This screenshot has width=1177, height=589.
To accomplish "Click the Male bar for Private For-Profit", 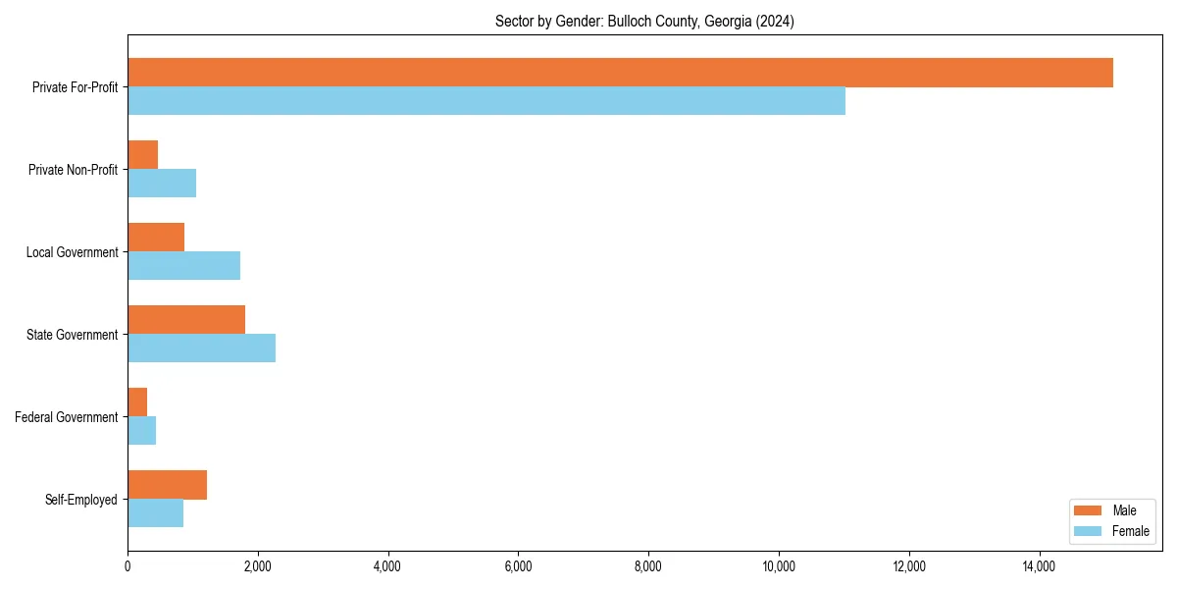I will point(620,73).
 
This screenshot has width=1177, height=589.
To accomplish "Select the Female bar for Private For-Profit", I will point(486,101).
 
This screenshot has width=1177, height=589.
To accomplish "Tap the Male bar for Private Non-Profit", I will point(143,155).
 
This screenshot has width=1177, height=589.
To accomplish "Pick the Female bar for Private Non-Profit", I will point(162,184).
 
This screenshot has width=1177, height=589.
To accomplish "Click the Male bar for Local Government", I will point(156,238).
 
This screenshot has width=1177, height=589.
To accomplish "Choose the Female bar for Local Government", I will point(184,266).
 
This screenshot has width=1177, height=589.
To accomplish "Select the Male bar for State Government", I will point(186,320).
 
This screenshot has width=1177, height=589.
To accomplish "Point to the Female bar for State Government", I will point(201,348).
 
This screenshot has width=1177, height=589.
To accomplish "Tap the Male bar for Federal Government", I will point(137,402).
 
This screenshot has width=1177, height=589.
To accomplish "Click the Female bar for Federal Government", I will point(142,431).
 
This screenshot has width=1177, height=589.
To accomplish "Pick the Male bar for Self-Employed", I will point(168,485).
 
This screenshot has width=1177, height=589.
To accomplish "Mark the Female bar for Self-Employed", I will point(156,513).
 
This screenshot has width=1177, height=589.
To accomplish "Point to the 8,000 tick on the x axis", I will point(648,566).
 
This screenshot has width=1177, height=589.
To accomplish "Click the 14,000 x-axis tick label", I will point(1039,566).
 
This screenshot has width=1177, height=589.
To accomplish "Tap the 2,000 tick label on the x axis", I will point(257,566).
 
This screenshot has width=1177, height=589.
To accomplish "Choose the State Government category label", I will point(73,335).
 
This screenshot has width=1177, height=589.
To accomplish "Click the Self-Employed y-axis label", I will point(81,500).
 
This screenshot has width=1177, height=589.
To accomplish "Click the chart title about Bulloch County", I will point(644,22).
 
